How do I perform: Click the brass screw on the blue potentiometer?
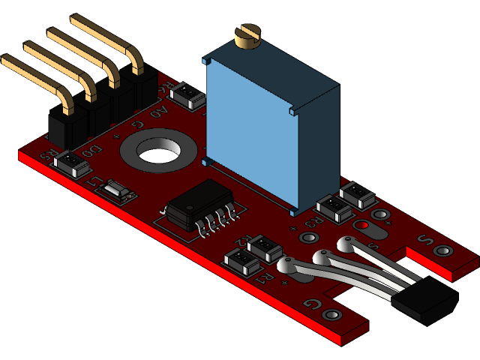[x=247, y=35]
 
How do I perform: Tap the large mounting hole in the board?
[x=158, y=151]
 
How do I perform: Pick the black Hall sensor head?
[x=424, y=303]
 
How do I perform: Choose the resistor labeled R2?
[x=263, y=247]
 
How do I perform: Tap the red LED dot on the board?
[x=361, y=225]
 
